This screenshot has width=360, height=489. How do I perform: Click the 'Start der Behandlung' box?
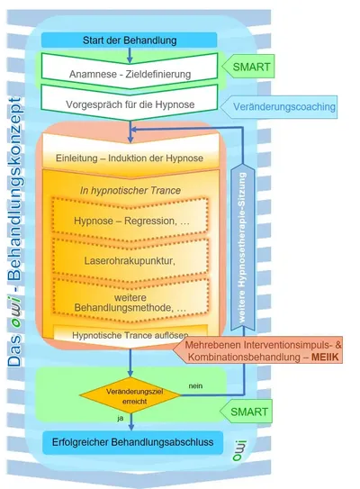[x=130, y=41]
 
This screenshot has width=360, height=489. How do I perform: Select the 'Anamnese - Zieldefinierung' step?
[x=130, y=67]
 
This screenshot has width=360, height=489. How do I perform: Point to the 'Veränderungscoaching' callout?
[x=283, y=106]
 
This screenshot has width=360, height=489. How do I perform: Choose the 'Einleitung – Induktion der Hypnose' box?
[x=130, y=159]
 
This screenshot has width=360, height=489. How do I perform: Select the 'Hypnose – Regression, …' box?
[x=130, y=222]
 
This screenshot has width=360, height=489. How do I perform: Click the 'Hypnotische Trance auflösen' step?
[x=130, y=335]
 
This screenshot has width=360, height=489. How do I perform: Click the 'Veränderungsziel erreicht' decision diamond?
[x=130, y=396]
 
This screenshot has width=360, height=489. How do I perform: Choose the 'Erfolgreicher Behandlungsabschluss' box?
[x=130, y=443]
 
